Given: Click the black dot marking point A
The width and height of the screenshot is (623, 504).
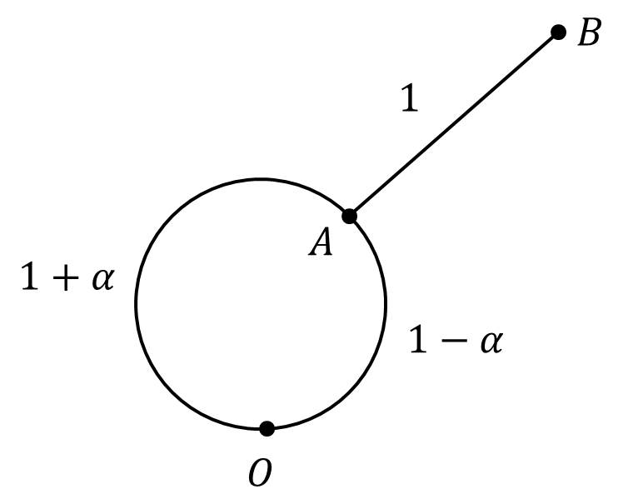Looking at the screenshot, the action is coord(350,216).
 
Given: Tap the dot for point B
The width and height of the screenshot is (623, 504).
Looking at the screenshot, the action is coord(559,32).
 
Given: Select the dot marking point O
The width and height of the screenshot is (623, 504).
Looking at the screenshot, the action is coord(267,428).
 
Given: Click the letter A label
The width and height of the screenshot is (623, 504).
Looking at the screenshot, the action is coord(321,243).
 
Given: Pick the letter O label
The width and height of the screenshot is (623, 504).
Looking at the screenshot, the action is coord(260,473).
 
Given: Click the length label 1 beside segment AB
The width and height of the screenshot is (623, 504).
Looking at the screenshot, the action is coord(408,100).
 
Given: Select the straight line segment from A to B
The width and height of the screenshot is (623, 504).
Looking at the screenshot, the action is coord(454,124).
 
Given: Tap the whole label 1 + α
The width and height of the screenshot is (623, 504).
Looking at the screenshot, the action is coord(67,278).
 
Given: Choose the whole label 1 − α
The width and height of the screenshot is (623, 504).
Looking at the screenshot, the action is coord(455,342).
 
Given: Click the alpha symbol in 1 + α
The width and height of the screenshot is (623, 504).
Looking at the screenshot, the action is coord(102,279).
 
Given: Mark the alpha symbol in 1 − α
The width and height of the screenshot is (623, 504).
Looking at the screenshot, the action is coord(491,342).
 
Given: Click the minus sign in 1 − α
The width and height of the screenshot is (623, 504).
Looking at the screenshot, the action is coord(455,342).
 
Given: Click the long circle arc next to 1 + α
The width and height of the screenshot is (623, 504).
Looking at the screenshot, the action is coord(137,304).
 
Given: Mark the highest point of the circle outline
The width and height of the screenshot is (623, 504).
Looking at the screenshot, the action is coord(261,179).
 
